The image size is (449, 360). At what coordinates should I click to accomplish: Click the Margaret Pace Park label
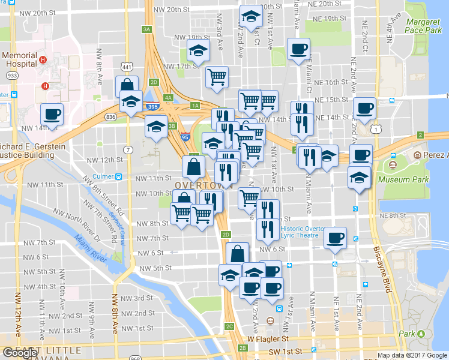click(423, 25)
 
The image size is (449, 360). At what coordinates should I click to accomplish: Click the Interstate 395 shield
click(152, 107)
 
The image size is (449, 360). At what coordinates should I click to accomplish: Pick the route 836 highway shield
click(110, 117)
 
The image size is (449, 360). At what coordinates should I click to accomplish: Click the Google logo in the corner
click(20, 353)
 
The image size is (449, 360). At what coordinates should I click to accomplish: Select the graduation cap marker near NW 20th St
click(251, 16)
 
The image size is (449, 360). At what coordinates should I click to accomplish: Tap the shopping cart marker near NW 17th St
click(216, 76)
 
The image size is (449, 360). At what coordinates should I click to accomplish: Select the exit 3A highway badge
click(146, 29)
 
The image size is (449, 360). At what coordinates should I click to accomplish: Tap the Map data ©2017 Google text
click(412, 355)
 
